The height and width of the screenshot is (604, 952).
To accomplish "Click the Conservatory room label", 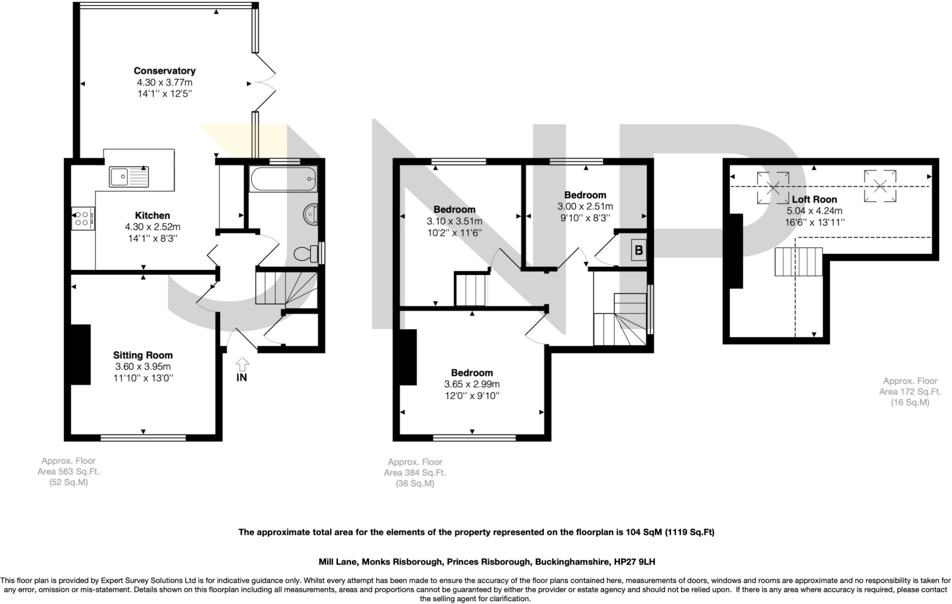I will tap(165, 71).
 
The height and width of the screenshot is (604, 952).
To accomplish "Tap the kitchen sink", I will tap(129, 177).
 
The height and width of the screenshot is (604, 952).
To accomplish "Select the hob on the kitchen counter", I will tap(83, 218).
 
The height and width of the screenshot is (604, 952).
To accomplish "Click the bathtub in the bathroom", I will tap(283, 178).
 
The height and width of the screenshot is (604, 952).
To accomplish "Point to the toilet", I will tap(306, 254).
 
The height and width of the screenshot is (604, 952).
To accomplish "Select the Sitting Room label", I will tap(143, 355).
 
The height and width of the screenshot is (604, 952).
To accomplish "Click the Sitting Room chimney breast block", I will tap(80, 355).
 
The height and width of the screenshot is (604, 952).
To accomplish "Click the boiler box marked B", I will tap(639, 250).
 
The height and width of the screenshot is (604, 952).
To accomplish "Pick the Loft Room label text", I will tap(814, 199).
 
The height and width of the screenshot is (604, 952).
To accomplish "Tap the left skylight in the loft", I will tap(773, 188).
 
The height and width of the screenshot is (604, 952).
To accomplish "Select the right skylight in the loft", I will tap(880, 186).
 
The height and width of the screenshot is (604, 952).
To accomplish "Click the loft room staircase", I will tap(798, 262).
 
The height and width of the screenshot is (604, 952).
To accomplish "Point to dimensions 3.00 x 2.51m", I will tap(585, 206).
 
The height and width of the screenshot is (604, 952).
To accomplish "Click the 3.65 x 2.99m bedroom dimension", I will tap(472, 384).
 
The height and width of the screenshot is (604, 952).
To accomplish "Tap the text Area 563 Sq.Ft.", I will tap(68, 471).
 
